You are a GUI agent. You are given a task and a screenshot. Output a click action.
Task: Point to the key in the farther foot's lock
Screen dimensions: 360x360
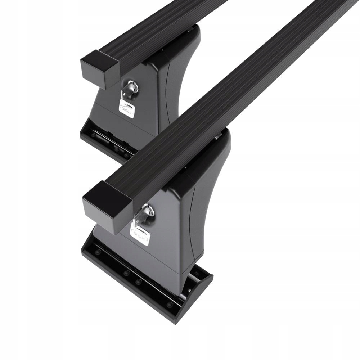[x=130, y=88]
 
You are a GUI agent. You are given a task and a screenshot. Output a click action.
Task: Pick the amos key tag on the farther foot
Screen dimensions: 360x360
[x=127, y=106]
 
